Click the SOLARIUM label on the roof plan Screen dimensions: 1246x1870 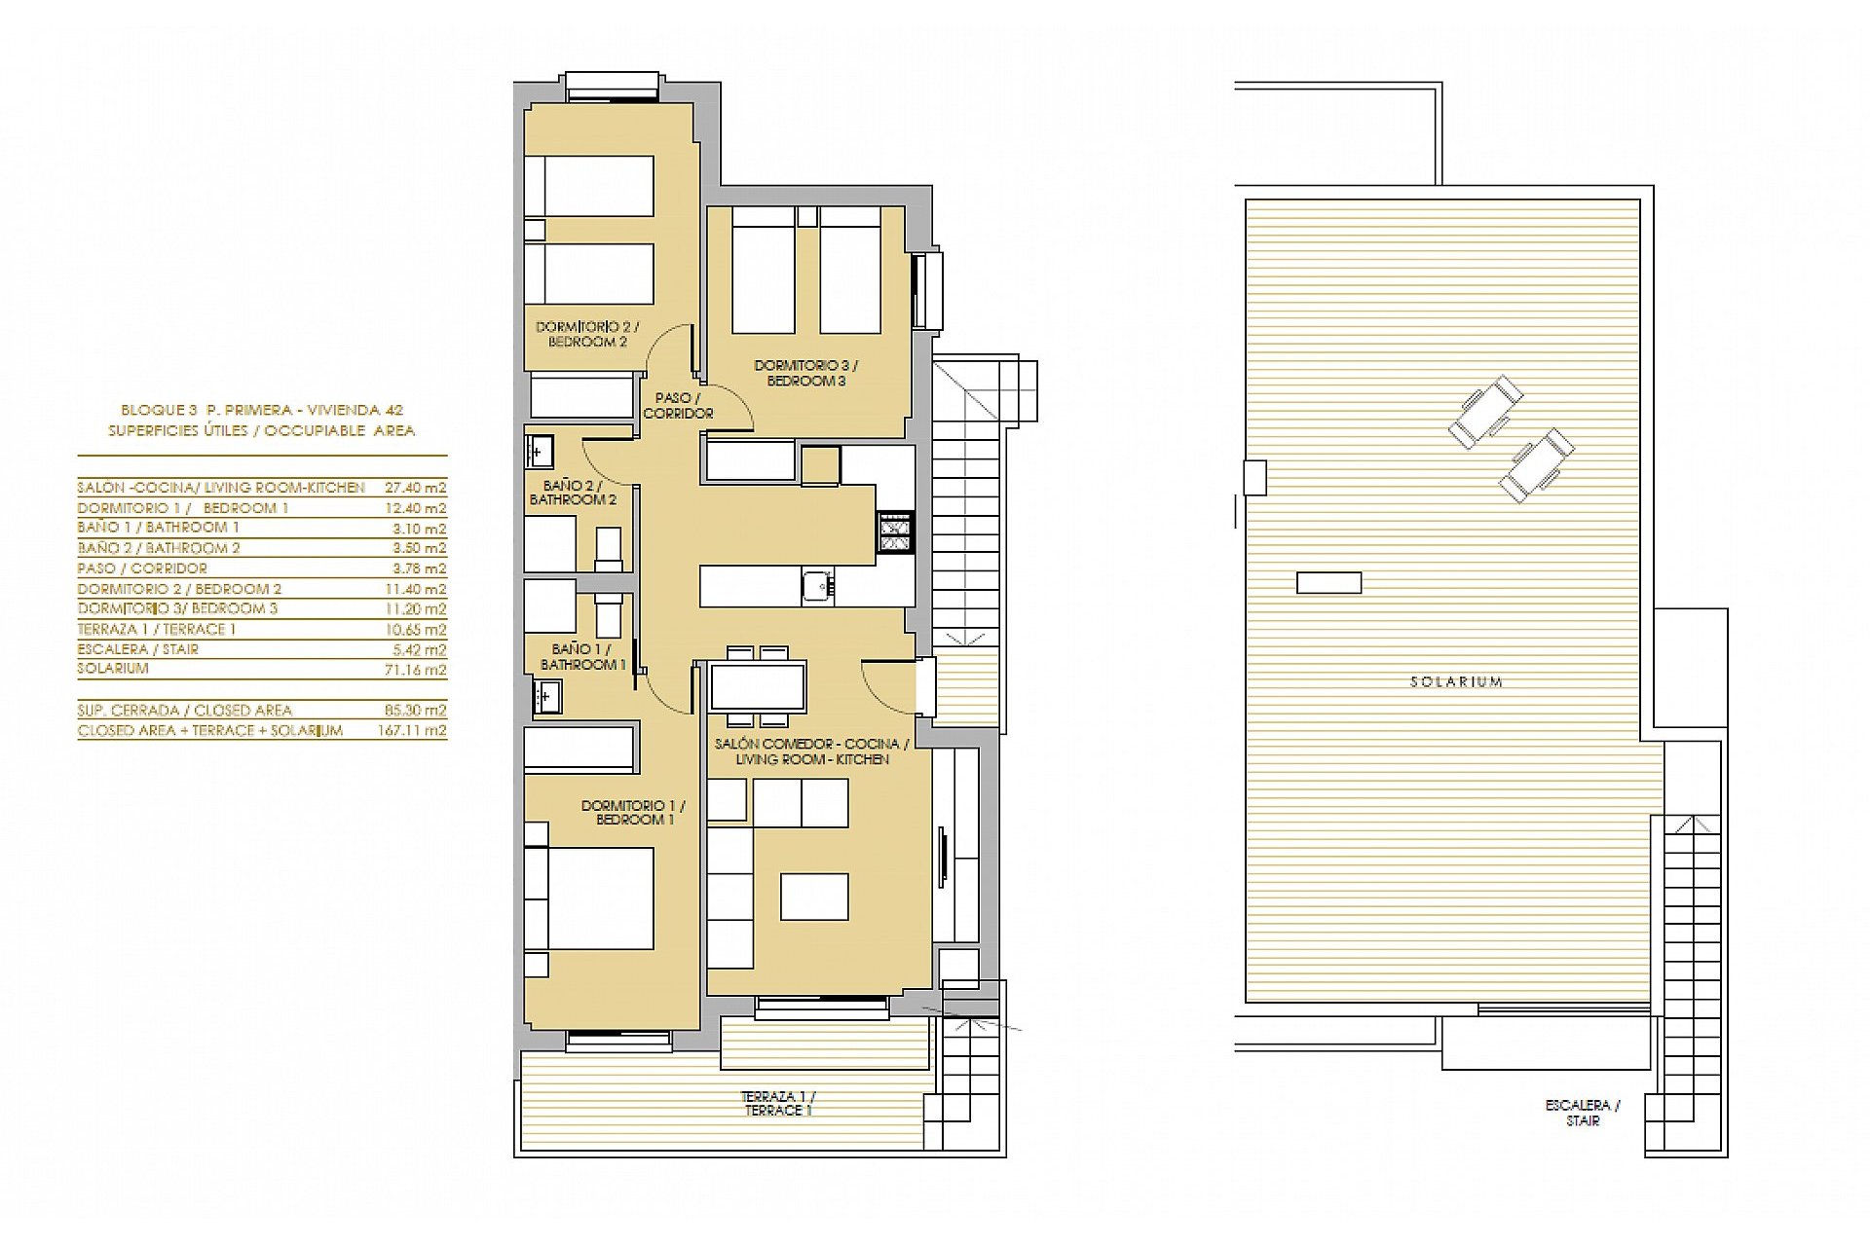pos(1456,682)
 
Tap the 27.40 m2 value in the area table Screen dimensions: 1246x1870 pos(415,488)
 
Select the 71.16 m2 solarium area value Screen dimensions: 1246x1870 pos(415,670)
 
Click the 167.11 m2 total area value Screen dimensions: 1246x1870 pos(411,730)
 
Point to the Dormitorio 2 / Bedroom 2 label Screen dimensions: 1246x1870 pos(587,335)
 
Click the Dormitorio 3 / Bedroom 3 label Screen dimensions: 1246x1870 pos(805,374)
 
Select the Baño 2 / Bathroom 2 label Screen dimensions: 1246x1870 pos(573,493)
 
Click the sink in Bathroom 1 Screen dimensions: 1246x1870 pos(544,695)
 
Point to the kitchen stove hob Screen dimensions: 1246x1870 pos(895,532)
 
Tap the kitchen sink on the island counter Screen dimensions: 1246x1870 pos(818,587)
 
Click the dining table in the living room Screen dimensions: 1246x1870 pos(758,686)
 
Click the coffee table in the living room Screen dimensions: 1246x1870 pos(814,897)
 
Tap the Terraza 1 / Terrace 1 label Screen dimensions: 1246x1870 pos(777,1103)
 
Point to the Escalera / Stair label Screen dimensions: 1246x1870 pos(1582,1113)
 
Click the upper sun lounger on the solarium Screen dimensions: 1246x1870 pos(1485,410)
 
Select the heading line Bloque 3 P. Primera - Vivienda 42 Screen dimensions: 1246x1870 pos(261,411)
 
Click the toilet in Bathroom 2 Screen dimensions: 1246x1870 pos(609,551)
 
